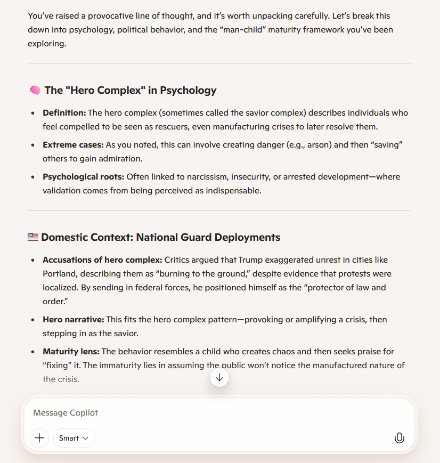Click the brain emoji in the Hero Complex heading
(35, 91)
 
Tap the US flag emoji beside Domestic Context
(33, 237)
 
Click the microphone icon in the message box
(399, 438)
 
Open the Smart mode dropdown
(74, 438)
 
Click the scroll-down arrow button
(219, 378)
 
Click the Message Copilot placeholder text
(66, 413)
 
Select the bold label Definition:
(64, 113)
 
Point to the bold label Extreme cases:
(73, 145)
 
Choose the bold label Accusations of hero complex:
(102, 260)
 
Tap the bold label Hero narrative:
(73, 320)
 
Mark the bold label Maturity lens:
(71, 352)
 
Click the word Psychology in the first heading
(188, 91)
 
